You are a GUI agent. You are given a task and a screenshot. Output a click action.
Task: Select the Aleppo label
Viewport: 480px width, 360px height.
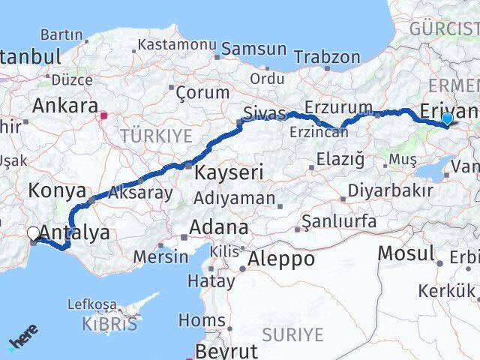tap(283, 259)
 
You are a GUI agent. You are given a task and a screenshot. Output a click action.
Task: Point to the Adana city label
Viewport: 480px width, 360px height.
tap(219, 226)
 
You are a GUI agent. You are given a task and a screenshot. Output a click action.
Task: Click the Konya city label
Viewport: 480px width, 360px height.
tap(56, 190)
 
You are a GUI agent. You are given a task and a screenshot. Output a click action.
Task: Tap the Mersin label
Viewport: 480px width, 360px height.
tap(160, 256)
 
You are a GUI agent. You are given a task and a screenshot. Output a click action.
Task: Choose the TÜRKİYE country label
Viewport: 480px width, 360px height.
tap(157, 136)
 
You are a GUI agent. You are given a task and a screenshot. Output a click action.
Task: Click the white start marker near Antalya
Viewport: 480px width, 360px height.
tap(33, 234)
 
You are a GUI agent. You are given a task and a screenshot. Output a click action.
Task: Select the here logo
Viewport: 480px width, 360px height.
tap(23, 337)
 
